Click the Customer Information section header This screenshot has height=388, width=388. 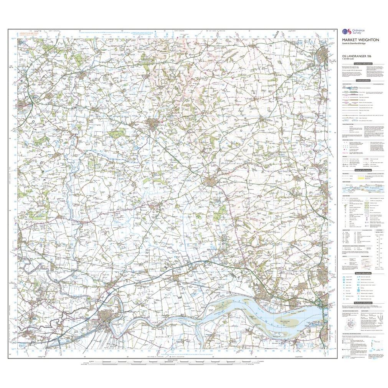(363, 64)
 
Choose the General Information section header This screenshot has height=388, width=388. (363, 170)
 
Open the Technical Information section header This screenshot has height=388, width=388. (363, 303)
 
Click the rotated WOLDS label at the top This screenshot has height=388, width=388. (286, 34)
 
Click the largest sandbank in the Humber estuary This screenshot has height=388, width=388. (276, 311)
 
